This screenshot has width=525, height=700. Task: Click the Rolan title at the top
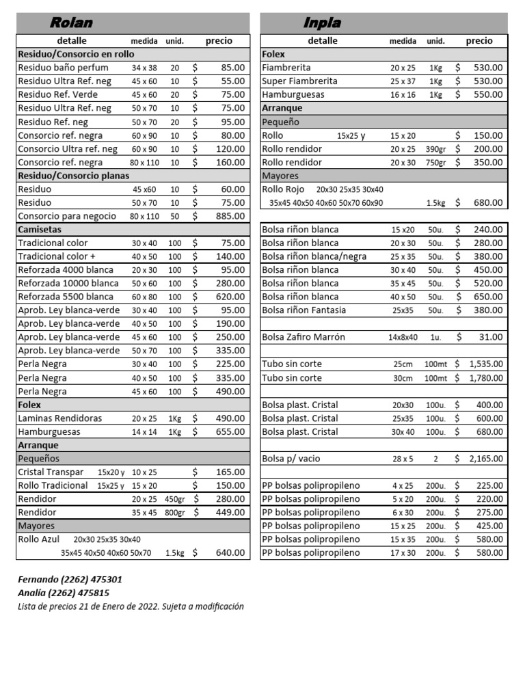click(71, 23)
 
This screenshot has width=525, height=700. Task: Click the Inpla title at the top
click(322, 23)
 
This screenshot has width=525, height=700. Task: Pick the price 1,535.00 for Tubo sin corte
click(486, 364)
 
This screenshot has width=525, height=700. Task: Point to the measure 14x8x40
click(403, 337)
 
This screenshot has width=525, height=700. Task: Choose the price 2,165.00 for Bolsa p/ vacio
click(486, 459)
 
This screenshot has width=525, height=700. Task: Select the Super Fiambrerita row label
click(299, 81)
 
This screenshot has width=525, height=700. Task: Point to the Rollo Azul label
click(39, 539)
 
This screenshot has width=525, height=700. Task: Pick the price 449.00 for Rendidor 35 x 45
click(230, 512)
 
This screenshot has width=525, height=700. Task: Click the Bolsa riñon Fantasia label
click(304, 310)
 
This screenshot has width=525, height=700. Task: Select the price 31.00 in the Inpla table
click(492, 337)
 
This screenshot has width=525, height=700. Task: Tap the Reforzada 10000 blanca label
click(68, 283)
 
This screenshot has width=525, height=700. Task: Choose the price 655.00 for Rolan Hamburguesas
click(230, 432)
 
